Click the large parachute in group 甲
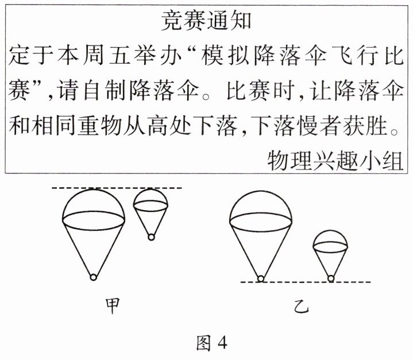pos(93,224)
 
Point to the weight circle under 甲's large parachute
pos(93,278)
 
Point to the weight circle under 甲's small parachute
pos(150,237)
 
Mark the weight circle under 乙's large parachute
pos(261,279)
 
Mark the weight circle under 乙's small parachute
pos(331,278)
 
